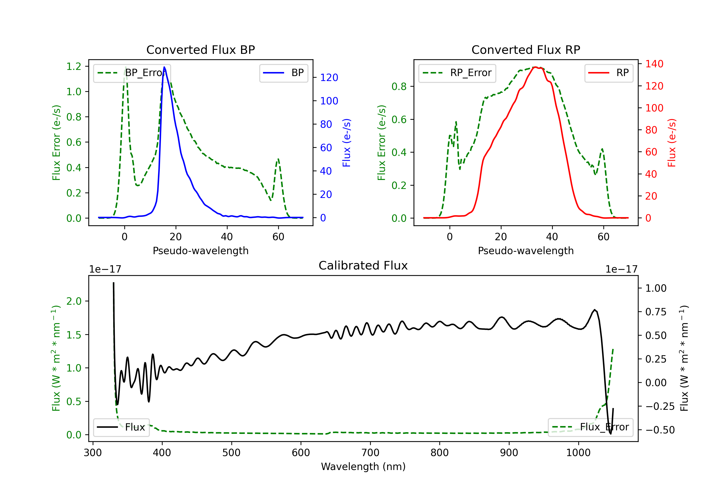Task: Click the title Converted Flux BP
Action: (x=200, y=50)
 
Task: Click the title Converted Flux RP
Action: (x=526, y=50)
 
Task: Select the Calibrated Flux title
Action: (x=363, y=265)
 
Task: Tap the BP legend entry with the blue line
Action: (x=284, y=73)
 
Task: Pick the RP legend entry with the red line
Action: (x=609, y=73)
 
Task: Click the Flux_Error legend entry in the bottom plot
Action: (x=590, y=427)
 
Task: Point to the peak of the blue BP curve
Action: (x=164, y=67)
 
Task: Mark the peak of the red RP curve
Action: (x=536, y=67)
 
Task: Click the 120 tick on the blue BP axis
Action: (x=329, y=77)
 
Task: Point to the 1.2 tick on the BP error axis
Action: (x=74, y=66)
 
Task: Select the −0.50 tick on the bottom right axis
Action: (x=660, y=430)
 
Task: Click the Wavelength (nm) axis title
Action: (x=363, y=466)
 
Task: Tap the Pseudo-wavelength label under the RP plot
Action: (x=526, y=251)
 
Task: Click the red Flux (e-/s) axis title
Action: (x=672, y=143)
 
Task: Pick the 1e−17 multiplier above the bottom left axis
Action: (x=105, y=269)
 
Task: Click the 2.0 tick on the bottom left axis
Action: (x=74, y=301)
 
